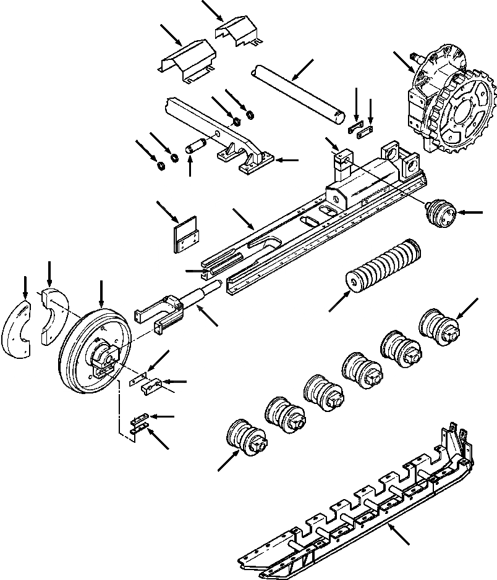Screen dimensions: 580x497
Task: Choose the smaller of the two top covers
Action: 238,31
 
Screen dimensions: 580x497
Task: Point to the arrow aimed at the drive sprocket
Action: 402,62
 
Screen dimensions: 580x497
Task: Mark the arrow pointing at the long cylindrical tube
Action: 301,70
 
